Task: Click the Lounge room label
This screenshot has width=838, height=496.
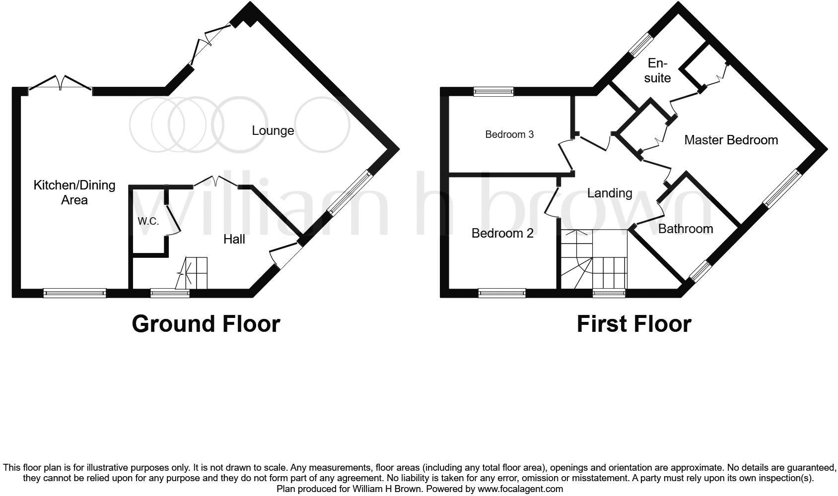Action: pos(273,130)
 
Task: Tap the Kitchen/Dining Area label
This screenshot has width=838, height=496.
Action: pos(74,192)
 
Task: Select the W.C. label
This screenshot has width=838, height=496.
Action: pos(148,221)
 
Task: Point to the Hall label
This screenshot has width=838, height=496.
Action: pos(234,239)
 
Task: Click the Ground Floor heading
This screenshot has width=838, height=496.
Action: pos(206,324)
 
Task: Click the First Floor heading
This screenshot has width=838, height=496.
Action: pos(633,324)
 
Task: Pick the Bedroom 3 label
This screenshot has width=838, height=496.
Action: pos(509,134)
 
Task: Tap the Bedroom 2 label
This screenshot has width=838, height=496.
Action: pos(502,233)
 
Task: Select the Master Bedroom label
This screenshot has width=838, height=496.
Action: pos(731,140)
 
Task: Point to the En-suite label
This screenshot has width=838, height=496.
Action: pos(657,70)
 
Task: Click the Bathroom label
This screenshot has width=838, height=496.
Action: pos(685,229)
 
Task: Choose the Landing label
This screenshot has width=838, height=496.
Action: pos(610,193)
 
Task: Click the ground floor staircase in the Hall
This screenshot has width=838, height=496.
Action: pos(192,273)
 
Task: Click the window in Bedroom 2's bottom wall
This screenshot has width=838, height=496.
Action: pos(502,293)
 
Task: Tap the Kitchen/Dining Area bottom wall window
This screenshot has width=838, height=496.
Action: pos(74,293)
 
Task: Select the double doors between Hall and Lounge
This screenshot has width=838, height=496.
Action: pos(216,182)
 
